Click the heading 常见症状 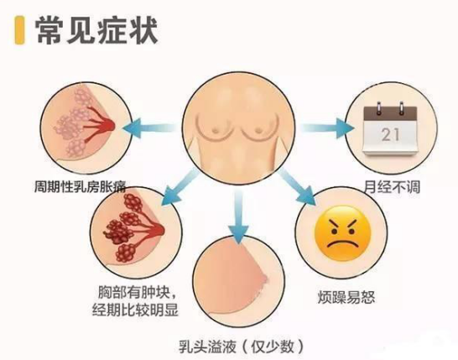(97, 30)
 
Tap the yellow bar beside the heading (19, 30)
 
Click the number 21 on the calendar (390, 135)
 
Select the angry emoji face (342, 233)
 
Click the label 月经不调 (392, 187)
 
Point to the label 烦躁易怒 (346, 297)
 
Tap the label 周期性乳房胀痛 (81, 186)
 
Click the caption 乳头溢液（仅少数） (242, 347)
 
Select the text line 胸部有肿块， (138, 293)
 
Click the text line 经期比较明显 (135, 310)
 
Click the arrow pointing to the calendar (327, 128)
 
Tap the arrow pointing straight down (238, 216)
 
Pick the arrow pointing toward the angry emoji (296, 186)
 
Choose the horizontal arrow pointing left (150, 128)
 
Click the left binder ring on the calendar (379, 108)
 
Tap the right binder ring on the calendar (402, 108)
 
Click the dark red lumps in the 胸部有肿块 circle (126, 228)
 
